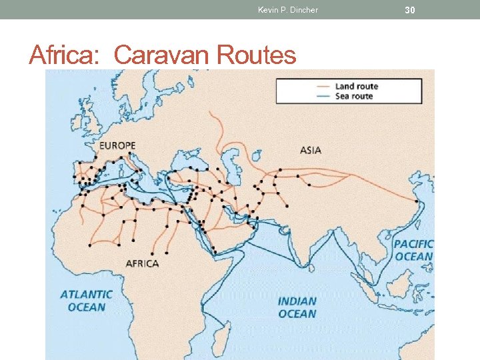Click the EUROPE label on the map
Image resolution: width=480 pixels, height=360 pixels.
coord(117,145)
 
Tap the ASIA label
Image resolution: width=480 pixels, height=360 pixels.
coord(311,150)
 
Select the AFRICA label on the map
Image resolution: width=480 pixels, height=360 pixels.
coord(143,263)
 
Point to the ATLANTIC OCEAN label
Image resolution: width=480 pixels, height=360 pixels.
coord(86,301)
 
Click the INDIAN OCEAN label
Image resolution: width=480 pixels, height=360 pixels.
coord(297,307)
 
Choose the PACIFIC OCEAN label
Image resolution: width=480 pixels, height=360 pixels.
coord(413,250)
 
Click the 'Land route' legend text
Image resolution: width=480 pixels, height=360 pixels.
coord(357,87)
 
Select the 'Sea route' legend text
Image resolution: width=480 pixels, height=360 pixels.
coord(354,96)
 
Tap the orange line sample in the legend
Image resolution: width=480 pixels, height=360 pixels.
coord(323,87)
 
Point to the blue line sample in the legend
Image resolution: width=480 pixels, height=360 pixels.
coord(323,96)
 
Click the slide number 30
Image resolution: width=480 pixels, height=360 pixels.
coord(410,10)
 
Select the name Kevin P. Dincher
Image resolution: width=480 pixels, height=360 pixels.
coord(288,10)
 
